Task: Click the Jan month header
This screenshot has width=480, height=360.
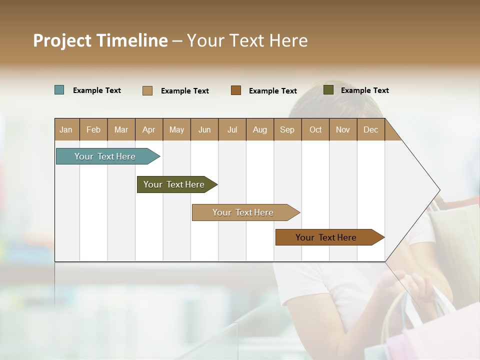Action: [66, 129]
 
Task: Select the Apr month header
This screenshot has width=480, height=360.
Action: [149, 129]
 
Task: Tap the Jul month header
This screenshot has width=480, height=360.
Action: [232, 129]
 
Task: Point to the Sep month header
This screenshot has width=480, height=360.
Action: [287, 129]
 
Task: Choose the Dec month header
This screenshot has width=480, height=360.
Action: [370, 129]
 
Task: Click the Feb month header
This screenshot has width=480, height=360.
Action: [93, 129]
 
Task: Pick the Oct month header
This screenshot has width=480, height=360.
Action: [315, 129]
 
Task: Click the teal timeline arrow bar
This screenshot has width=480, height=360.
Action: [105, 156]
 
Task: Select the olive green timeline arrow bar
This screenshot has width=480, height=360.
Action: [174, 184]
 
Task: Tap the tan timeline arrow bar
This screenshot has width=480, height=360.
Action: [243, 212]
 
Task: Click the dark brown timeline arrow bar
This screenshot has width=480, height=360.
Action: [326, 237]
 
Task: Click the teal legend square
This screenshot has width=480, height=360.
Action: [59, 90]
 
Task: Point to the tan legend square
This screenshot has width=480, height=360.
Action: [147, 90]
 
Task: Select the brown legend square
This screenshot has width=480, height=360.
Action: [236, 90]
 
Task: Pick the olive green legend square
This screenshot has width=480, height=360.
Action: [328, 90]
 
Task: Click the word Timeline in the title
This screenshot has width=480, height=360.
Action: [131, 40]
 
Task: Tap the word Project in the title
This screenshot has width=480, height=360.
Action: [62, 40]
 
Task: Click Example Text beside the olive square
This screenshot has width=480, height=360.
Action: [364, 90]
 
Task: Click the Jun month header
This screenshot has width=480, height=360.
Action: [204, 129]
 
